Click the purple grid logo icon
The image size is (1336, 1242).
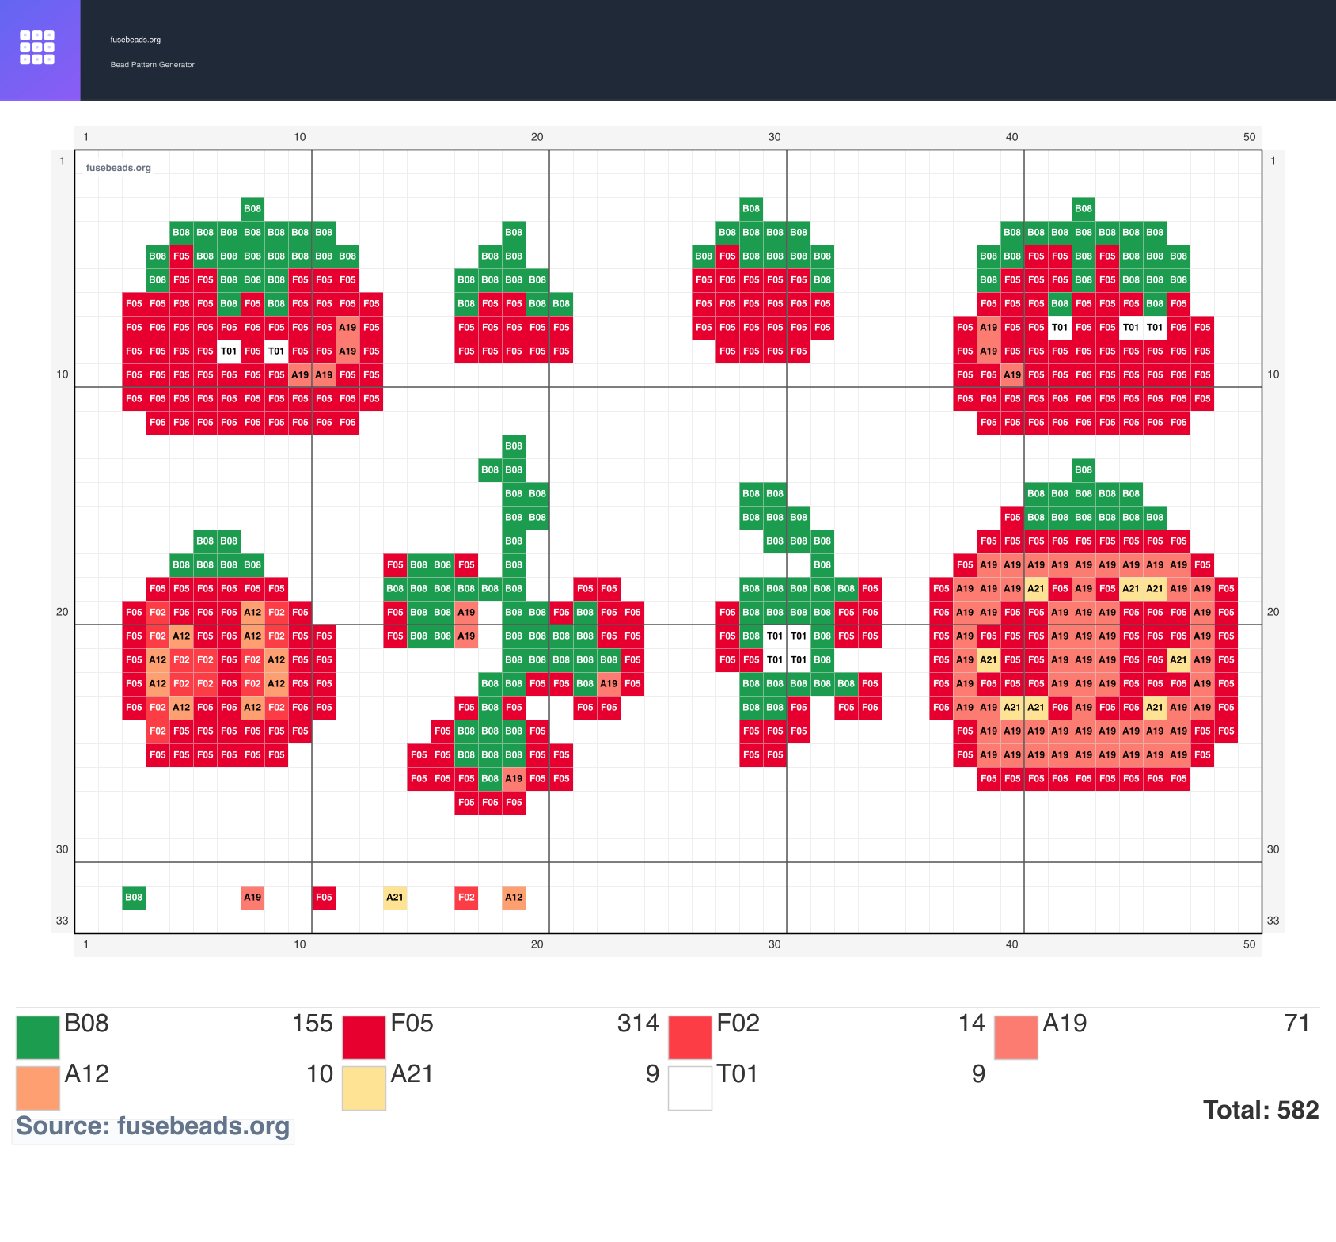(x=37, y=47)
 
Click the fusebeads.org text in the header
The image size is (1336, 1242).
(x=135, y=40)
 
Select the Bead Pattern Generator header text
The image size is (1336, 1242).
(x=152, y=65)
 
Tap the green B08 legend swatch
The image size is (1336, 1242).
(x=38, y=1038)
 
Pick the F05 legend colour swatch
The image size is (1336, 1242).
(x=364, y=1038)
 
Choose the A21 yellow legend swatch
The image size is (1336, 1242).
(x=364, y=1088)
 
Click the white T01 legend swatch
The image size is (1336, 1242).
(x=690, y=1088)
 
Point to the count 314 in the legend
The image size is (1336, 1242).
(x=638, y=1024)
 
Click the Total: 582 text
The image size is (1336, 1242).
(x=1261, y=1110)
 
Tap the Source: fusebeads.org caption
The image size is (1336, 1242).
(x=153, y=1126)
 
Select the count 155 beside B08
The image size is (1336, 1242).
(x=313, y=1024)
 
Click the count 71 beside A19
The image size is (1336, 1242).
(x=1297, y=1024)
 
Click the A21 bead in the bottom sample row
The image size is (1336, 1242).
(x=395, y=898)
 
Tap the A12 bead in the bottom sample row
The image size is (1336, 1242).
(x=514, y=898)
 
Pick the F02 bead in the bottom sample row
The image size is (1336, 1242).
(x=466, y=898)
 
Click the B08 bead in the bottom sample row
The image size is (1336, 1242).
(x=134, y=898)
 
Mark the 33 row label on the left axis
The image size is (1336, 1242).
(x=63, y=921)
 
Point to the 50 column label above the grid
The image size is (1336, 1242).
(x=1249, y=137)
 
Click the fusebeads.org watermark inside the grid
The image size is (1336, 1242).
(x=119, y=168)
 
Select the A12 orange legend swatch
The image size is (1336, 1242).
(x=38, y=1088)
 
